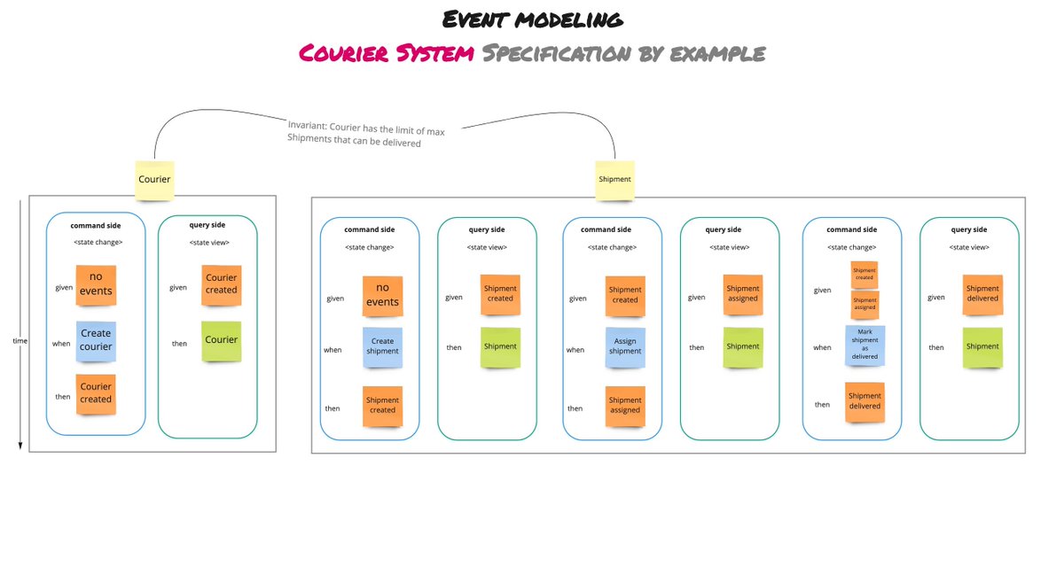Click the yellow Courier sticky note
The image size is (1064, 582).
pos(154,179)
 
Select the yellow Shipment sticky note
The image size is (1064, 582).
pos(614,179)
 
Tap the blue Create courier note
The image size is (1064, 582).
pos(96,340)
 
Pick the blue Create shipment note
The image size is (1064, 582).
pos(382,346)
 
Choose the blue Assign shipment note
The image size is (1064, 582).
pos(625,346)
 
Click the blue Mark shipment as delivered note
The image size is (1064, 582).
pos(864,345)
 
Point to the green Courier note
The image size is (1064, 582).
pos(222,340)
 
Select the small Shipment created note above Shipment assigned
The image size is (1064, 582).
pos(864,273)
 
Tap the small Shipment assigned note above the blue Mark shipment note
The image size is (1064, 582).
pos(864,304)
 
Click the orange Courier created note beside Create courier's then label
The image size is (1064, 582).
pos(96,393)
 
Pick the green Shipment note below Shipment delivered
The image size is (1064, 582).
pos(982,346)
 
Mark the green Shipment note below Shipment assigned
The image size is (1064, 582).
pos(743,346)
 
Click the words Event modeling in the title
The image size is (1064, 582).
pos(531,19)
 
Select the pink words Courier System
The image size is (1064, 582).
pos(386,53)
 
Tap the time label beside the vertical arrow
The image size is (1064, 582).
pos(20,340)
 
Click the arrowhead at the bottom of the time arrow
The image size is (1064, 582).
pos(20,446)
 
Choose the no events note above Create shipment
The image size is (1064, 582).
pos(382,295)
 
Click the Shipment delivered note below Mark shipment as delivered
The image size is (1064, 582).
pos(864,401)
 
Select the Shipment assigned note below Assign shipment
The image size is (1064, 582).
pos(625,406)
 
